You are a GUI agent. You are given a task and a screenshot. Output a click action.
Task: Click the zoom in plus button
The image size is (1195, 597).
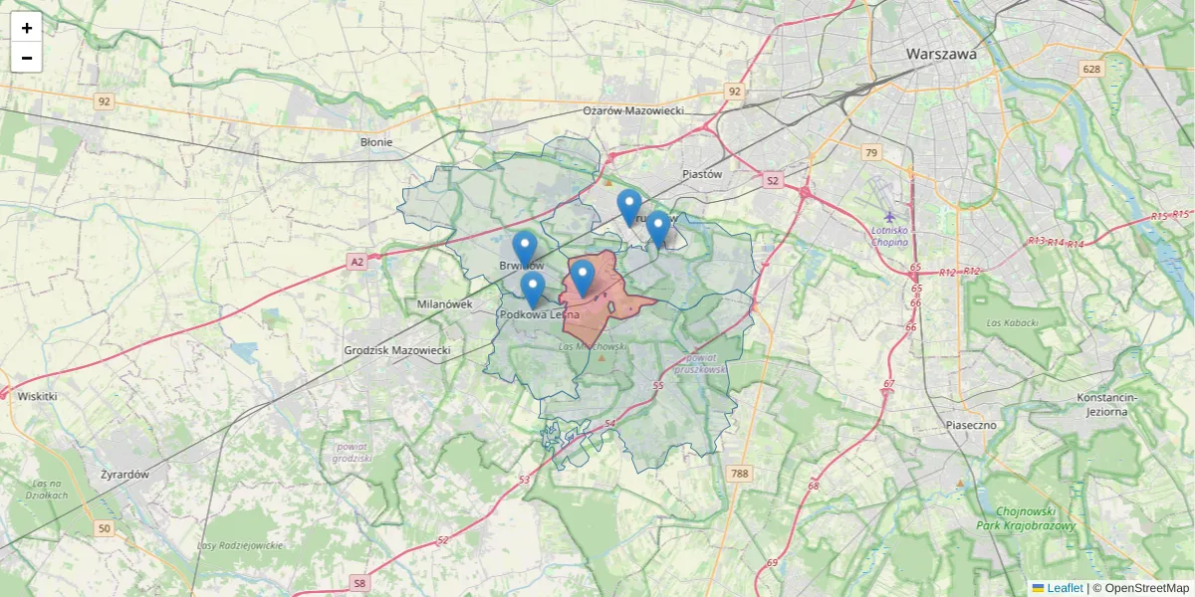point(27,28)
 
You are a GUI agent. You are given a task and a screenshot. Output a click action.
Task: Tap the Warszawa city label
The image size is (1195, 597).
point(941,55)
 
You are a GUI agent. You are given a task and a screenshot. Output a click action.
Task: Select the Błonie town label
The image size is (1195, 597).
point(376,142)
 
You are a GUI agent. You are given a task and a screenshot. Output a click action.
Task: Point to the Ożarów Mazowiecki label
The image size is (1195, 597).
point(633,110)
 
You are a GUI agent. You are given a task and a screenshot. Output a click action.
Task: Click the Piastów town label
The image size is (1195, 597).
point(702,174)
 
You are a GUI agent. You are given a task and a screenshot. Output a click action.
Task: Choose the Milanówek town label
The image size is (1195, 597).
point(444,304)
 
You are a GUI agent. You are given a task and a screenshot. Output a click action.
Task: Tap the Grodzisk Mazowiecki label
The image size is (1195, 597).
point(397,351)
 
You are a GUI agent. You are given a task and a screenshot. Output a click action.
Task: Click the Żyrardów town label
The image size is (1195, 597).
point(124,475)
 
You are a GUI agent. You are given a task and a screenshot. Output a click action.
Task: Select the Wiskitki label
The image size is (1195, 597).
point(37,396)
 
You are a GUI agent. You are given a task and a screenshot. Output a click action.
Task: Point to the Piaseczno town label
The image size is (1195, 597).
point(971,425)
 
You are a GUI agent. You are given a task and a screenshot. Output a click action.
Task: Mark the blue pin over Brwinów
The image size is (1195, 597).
point(525,249)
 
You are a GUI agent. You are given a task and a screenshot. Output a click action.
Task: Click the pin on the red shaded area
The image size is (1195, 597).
point(583,278)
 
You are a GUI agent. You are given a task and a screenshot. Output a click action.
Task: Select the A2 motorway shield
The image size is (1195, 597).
point(357,262)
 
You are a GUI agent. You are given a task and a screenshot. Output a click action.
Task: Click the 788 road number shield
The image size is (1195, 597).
point(738,473)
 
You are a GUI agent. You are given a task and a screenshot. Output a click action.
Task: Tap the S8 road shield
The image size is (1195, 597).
point(359,583)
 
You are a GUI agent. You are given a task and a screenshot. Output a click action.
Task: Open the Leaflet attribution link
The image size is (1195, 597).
point(1066,588)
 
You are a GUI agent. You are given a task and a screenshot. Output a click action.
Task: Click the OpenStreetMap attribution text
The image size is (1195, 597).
point(1146,588)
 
